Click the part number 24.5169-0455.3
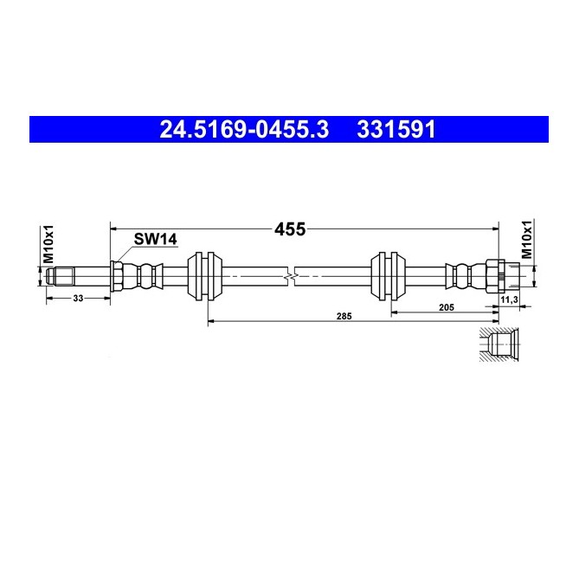coord(244,130)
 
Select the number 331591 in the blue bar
coord(396,130)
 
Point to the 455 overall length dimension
coord(290,229)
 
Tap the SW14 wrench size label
coord(156,239)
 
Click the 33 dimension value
coord(78,299)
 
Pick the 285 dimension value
coord(344,316)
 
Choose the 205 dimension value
coord(447,307)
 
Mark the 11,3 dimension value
coord(509,299)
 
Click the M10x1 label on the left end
coord(48,244)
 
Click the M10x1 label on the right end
coord(527,239)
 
